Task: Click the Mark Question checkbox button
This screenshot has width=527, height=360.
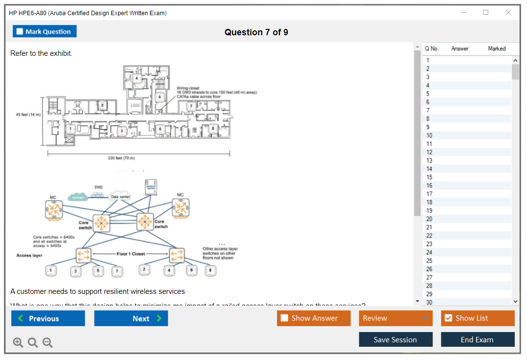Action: pos(44,31)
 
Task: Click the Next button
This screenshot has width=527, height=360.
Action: pos(131,318)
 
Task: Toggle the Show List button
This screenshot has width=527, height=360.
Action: pos(477,318)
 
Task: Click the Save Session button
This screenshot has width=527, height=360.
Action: pos(395,339)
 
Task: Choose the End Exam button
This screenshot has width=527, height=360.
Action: pos(477,339)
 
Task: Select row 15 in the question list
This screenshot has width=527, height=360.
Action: pos(466,177)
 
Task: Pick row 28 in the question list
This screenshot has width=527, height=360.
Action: pos(466,286)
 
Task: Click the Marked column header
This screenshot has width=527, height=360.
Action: pos(497,48)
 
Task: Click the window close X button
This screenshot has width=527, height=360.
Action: pos(508,13)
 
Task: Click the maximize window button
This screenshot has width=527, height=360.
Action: pos(486,13)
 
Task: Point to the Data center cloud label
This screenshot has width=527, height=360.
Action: pos(120,197)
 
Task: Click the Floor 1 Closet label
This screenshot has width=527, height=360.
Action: pos(131,254)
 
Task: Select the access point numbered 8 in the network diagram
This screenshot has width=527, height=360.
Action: pos(210,270)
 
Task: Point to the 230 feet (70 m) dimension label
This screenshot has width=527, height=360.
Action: pos(121,158)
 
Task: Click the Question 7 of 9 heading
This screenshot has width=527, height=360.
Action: pos(256,32)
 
